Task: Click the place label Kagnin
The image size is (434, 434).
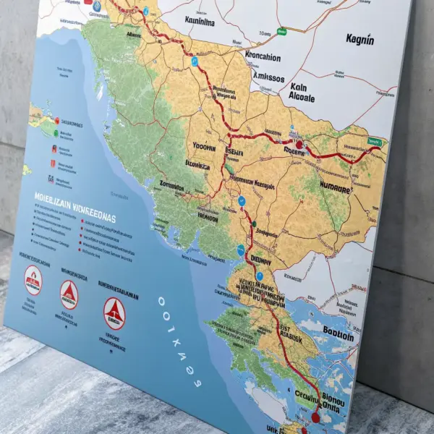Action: point(359,39)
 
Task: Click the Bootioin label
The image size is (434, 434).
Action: point(332,336)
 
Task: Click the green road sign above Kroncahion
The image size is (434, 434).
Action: point(281,32)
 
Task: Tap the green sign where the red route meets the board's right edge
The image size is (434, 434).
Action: point(374,142)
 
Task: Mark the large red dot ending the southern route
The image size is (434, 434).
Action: point(315,417)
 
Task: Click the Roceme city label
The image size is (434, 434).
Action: point(295,152)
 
